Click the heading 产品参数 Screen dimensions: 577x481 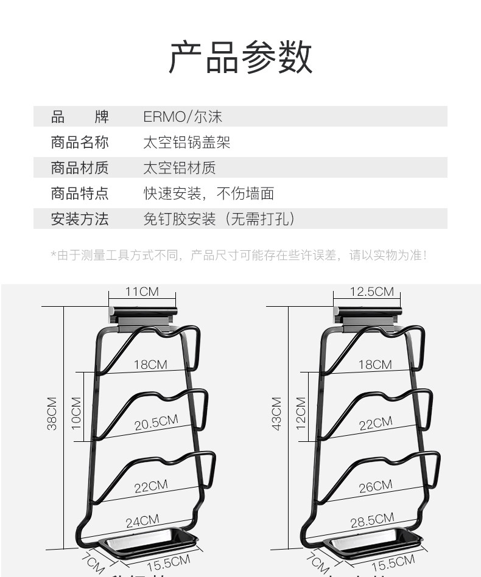click(240, 57)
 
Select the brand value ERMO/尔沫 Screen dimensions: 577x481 click(183, 116)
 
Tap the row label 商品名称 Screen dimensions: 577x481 click(80, 142)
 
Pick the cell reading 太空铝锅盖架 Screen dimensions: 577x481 click(186, 142)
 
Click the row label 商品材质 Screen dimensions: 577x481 click(80, 167)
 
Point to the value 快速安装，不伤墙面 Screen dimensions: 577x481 click(208, 194)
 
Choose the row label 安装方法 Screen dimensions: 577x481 click(80, 219)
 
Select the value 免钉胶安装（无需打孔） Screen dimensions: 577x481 click(219, 219)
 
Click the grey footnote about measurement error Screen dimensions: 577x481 click(239, 256)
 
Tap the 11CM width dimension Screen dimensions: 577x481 click(142, 292)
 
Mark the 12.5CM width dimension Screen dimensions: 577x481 click(371, 292)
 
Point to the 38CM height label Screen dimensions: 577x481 click(52, 413)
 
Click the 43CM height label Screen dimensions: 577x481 click(277, 413)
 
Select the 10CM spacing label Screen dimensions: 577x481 click(76, 413)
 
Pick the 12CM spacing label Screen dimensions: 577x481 click(301, 413)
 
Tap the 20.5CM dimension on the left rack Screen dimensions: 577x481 click(156, 422)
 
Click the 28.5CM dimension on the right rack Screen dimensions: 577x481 click(372, 521)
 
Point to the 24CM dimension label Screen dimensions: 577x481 click(142, 521)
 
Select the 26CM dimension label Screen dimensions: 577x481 click(375, 486)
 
